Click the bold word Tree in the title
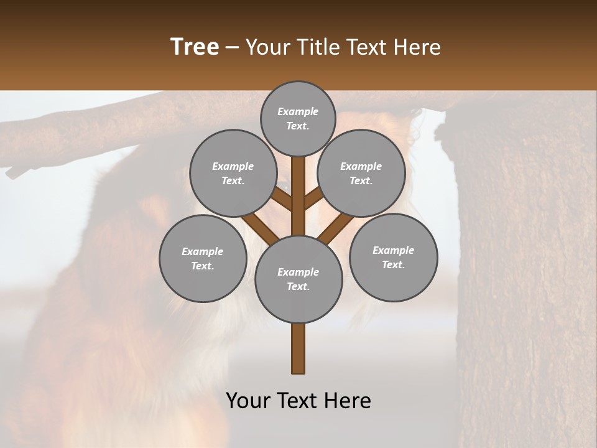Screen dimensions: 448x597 [x=195, y=47]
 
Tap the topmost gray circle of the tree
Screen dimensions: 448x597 [x=298, y=118]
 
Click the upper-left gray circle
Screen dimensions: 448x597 [x=233, y=173]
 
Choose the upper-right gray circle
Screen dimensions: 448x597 [x=361, y=173]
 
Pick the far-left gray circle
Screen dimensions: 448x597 [x=203, y=258]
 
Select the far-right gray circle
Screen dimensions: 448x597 [x=393, y=257]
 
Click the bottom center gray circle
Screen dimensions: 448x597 [x=298, y=279]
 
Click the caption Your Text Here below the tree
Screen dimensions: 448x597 [x=298, y=401]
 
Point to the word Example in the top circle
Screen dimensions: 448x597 [x=298, y=111]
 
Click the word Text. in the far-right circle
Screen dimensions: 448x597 [x=393, y=264]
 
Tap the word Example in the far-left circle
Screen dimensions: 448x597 [x=203, y=251]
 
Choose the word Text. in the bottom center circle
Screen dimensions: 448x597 [x=298, y=286]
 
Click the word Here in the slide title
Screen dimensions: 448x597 [x=419, y=47]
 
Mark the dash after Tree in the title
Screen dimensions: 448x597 [x=232, y=47]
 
